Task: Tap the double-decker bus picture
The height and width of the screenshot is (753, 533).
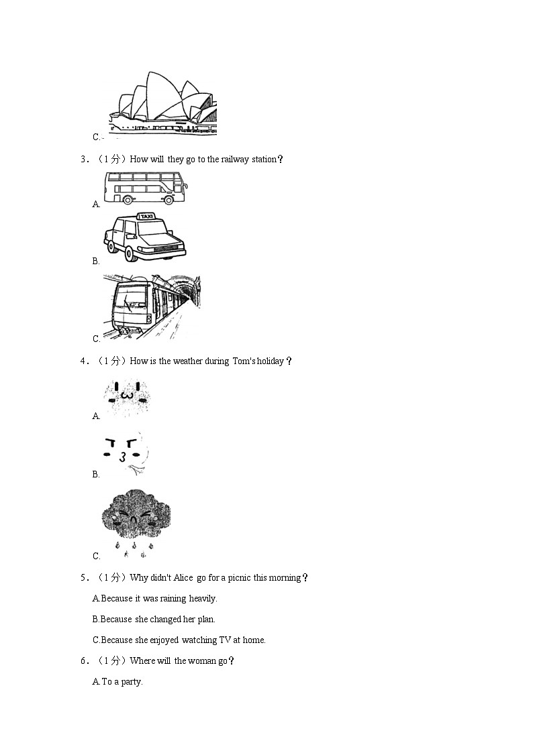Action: (x=146, y=187)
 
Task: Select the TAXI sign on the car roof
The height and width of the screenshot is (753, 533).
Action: (x=145, y=217)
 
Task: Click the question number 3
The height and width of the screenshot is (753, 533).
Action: (x=83, y=160)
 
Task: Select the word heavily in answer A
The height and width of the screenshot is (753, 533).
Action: (x=203, y=599)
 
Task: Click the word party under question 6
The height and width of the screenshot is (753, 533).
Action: (x=131, y=682)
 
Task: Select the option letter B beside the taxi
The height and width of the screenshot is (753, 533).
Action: (x=96, y=262)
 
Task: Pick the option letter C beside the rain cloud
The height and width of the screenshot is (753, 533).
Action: (x=96, y=556)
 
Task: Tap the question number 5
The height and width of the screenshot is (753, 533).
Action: (x=83, y=578)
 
